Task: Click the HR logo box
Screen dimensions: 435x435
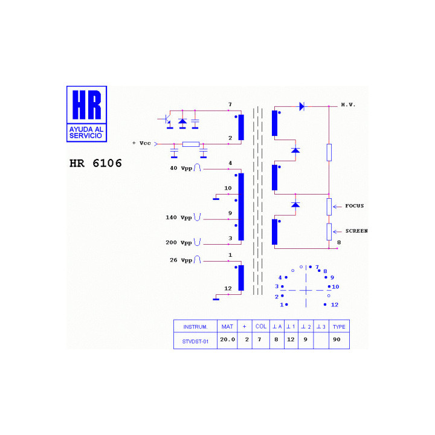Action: pyautogui.click(x=86, y=114)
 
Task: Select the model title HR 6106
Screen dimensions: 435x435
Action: pyautogui.click(x=95, y=163)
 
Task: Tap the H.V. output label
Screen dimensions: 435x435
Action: pyautogui.click(x=348, y=105)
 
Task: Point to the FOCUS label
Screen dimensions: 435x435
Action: pyautogui.click(x=354, y=206)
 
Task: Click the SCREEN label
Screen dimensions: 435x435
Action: pyautogui.click(x=356, y=231)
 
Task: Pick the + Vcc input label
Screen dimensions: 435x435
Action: pyautogui.click(x=141, y=143)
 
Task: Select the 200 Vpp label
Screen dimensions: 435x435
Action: pyautogui.click(x=179, y=242)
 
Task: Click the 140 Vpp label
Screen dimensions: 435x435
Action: pyautogui.click(x=179, y=217)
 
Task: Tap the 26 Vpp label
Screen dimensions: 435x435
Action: pyautogui.click(x=181, y=260)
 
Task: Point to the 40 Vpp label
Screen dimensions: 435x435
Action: pyautogui.click(x=181, y=168)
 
